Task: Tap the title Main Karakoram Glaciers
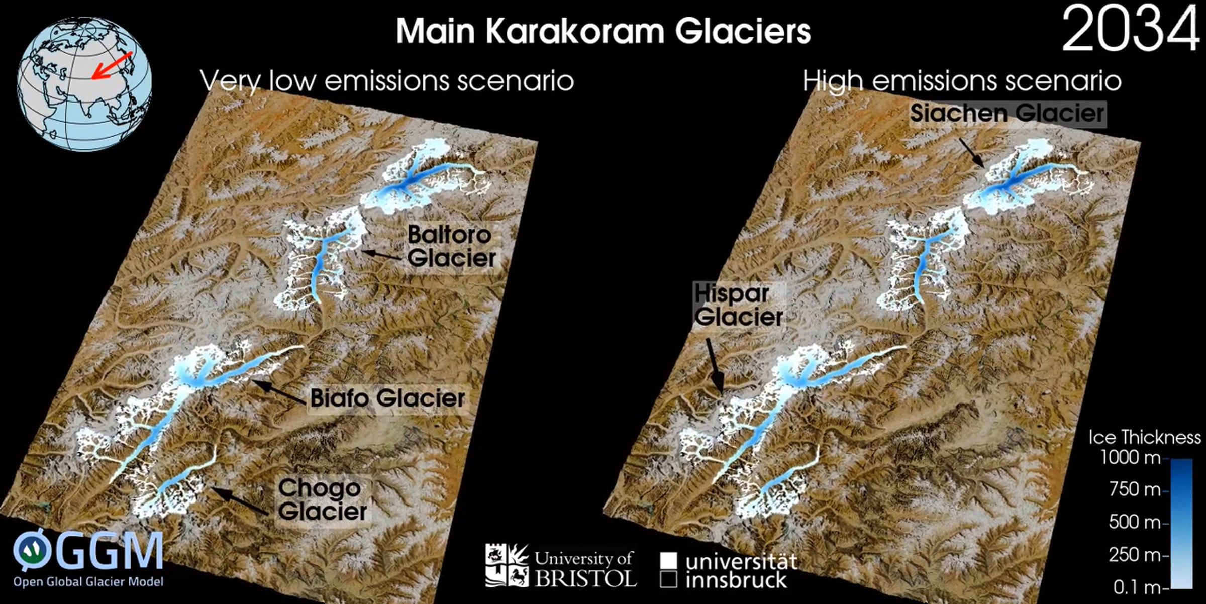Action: (603, 31)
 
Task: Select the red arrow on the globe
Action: (112, 65)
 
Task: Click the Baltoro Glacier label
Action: (451, 247)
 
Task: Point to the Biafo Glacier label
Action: (387, 398)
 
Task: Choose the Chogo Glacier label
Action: (322, 499)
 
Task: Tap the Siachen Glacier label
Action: (1007, 113)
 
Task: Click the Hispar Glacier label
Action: (738, 305)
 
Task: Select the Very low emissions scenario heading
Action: (386, 80)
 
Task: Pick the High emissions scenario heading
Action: (962, 80)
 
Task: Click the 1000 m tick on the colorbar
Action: (1130, 458)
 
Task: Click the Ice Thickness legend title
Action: (1144, 437)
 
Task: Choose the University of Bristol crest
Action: (507, 565)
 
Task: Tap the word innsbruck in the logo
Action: (736, 580)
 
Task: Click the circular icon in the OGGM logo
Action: (32, 550)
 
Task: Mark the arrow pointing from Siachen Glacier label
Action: (971, 152)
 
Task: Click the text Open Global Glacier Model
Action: (88, 582)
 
